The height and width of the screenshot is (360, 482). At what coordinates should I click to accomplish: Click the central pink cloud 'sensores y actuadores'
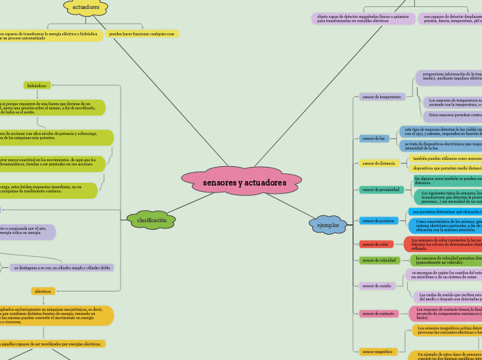[x=244, y=182]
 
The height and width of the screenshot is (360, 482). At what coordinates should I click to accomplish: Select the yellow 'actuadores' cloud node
[x=86, y=7]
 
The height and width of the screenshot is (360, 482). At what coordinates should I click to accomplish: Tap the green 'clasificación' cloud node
[x=152, y=220]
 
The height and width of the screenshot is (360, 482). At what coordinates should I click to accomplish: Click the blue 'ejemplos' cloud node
[x=328, y=225]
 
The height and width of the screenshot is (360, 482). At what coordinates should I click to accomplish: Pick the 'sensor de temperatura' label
[x=382, y=97]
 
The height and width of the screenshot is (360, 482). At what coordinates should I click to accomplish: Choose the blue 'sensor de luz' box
[x=373, y=138]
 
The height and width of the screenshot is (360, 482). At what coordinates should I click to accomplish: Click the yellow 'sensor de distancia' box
[x=378, y=163]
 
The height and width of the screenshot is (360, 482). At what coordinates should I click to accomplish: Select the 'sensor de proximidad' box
[x=381, y=189]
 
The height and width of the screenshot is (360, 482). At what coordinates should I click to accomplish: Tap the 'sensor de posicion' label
[x=378, y=221]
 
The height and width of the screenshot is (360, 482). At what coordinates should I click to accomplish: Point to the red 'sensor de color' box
[x=375, y=244]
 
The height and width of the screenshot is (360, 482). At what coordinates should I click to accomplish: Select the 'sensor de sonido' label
[x=377, y=285]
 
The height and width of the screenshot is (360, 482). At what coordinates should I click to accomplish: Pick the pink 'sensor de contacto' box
[x=378, y=314]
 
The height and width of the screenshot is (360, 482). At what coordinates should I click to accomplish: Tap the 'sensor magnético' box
[x=378, y=352]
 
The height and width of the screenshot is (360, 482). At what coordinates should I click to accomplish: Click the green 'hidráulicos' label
[x=37, y=85]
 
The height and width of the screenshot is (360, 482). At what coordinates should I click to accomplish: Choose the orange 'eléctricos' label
[x=43, y=291]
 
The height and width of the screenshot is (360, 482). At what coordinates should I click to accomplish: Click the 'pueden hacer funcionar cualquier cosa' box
[x=143, y=33]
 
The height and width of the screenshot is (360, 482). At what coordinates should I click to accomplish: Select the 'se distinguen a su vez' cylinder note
[x=62, y=267]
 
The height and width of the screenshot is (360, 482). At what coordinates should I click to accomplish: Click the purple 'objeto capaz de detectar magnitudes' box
[x=363, y=19]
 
